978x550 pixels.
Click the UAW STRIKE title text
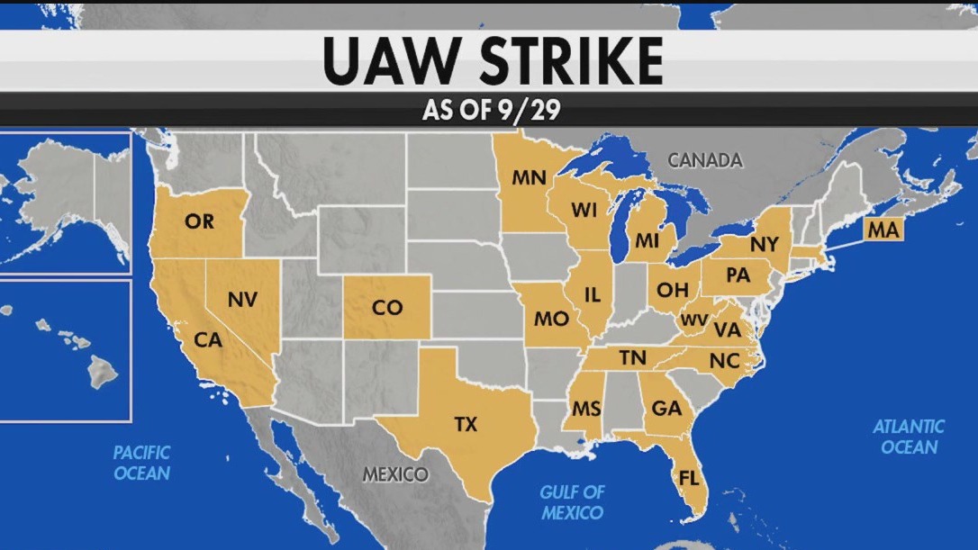(492, 61)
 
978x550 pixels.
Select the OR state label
(199, 221)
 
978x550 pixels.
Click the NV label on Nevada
(241, 300)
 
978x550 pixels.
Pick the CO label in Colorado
(386, 308)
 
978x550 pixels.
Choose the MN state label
(529, 177)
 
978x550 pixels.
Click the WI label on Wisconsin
(584, 210)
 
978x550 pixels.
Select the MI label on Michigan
(647, 240)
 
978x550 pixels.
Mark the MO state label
(550, 319)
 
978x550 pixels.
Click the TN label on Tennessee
(632, 358)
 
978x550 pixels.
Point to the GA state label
(666, 407)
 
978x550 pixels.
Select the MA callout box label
(883, 230)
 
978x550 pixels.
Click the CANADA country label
(705, 160)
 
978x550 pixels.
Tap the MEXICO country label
(395, 474)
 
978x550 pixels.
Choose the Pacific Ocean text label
(141, 462)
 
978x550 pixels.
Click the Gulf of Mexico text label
(572, 502)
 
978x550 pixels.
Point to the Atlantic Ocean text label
(909, 437)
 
